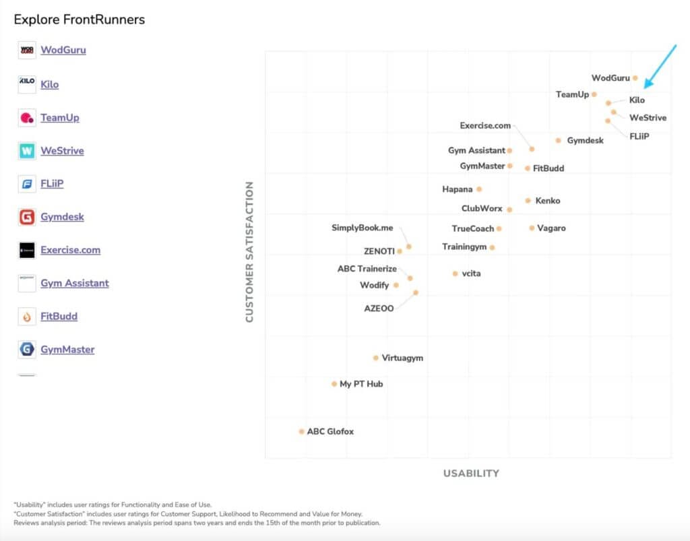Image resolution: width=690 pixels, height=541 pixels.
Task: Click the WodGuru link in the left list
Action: (x=63, y=50)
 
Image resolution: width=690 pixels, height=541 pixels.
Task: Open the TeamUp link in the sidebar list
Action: (x=60, y=117)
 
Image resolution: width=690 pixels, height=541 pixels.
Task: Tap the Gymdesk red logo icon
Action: (x=27, y=217)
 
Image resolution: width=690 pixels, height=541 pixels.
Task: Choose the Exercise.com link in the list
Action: (x=70, y=250)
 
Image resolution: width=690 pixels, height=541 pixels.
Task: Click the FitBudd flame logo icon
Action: (x=27, y=316)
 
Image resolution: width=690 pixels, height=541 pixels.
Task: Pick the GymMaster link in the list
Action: (x=67, y=349)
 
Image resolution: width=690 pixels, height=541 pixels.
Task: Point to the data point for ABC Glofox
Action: (x=302, y=431)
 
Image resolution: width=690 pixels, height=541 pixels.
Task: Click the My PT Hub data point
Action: (x=334, y=384)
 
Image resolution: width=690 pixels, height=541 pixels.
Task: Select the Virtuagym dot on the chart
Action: (x=376, y=358)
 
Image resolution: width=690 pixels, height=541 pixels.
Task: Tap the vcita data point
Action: (x=456, y=274)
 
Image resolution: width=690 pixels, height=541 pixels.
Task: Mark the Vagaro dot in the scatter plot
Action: (x=532, y=228)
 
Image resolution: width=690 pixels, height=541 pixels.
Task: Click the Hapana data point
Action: (x=479, y=189)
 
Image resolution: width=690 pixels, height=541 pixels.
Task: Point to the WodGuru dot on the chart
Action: (x=635, y=78)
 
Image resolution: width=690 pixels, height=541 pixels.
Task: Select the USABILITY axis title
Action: (x=471, y=473)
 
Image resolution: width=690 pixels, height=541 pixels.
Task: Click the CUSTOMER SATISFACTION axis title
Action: (x=249, y=251)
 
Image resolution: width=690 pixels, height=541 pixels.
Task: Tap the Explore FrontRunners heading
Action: (x=80, y=19)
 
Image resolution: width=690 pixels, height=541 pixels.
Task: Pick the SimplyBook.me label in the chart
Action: (x=362, y=228)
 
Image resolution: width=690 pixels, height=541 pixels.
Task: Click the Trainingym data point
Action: (x=493, y=247)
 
